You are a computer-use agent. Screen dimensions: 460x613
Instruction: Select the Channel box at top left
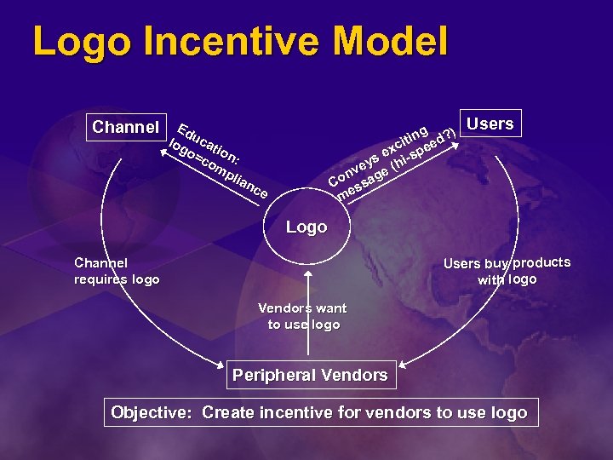point(125,128)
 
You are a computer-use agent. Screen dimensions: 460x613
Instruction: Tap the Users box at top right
point(490,124)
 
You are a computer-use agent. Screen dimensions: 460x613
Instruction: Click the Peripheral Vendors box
point(310,375)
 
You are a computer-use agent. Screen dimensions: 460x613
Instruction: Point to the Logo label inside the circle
point(306,227)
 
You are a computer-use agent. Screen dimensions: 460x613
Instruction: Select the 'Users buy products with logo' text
point(507,271)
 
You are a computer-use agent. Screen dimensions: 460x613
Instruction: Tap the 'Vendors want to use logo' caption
point(303,316)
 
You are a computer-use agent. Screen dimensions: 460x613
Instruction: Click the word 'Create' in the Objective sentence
point(227,413)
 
